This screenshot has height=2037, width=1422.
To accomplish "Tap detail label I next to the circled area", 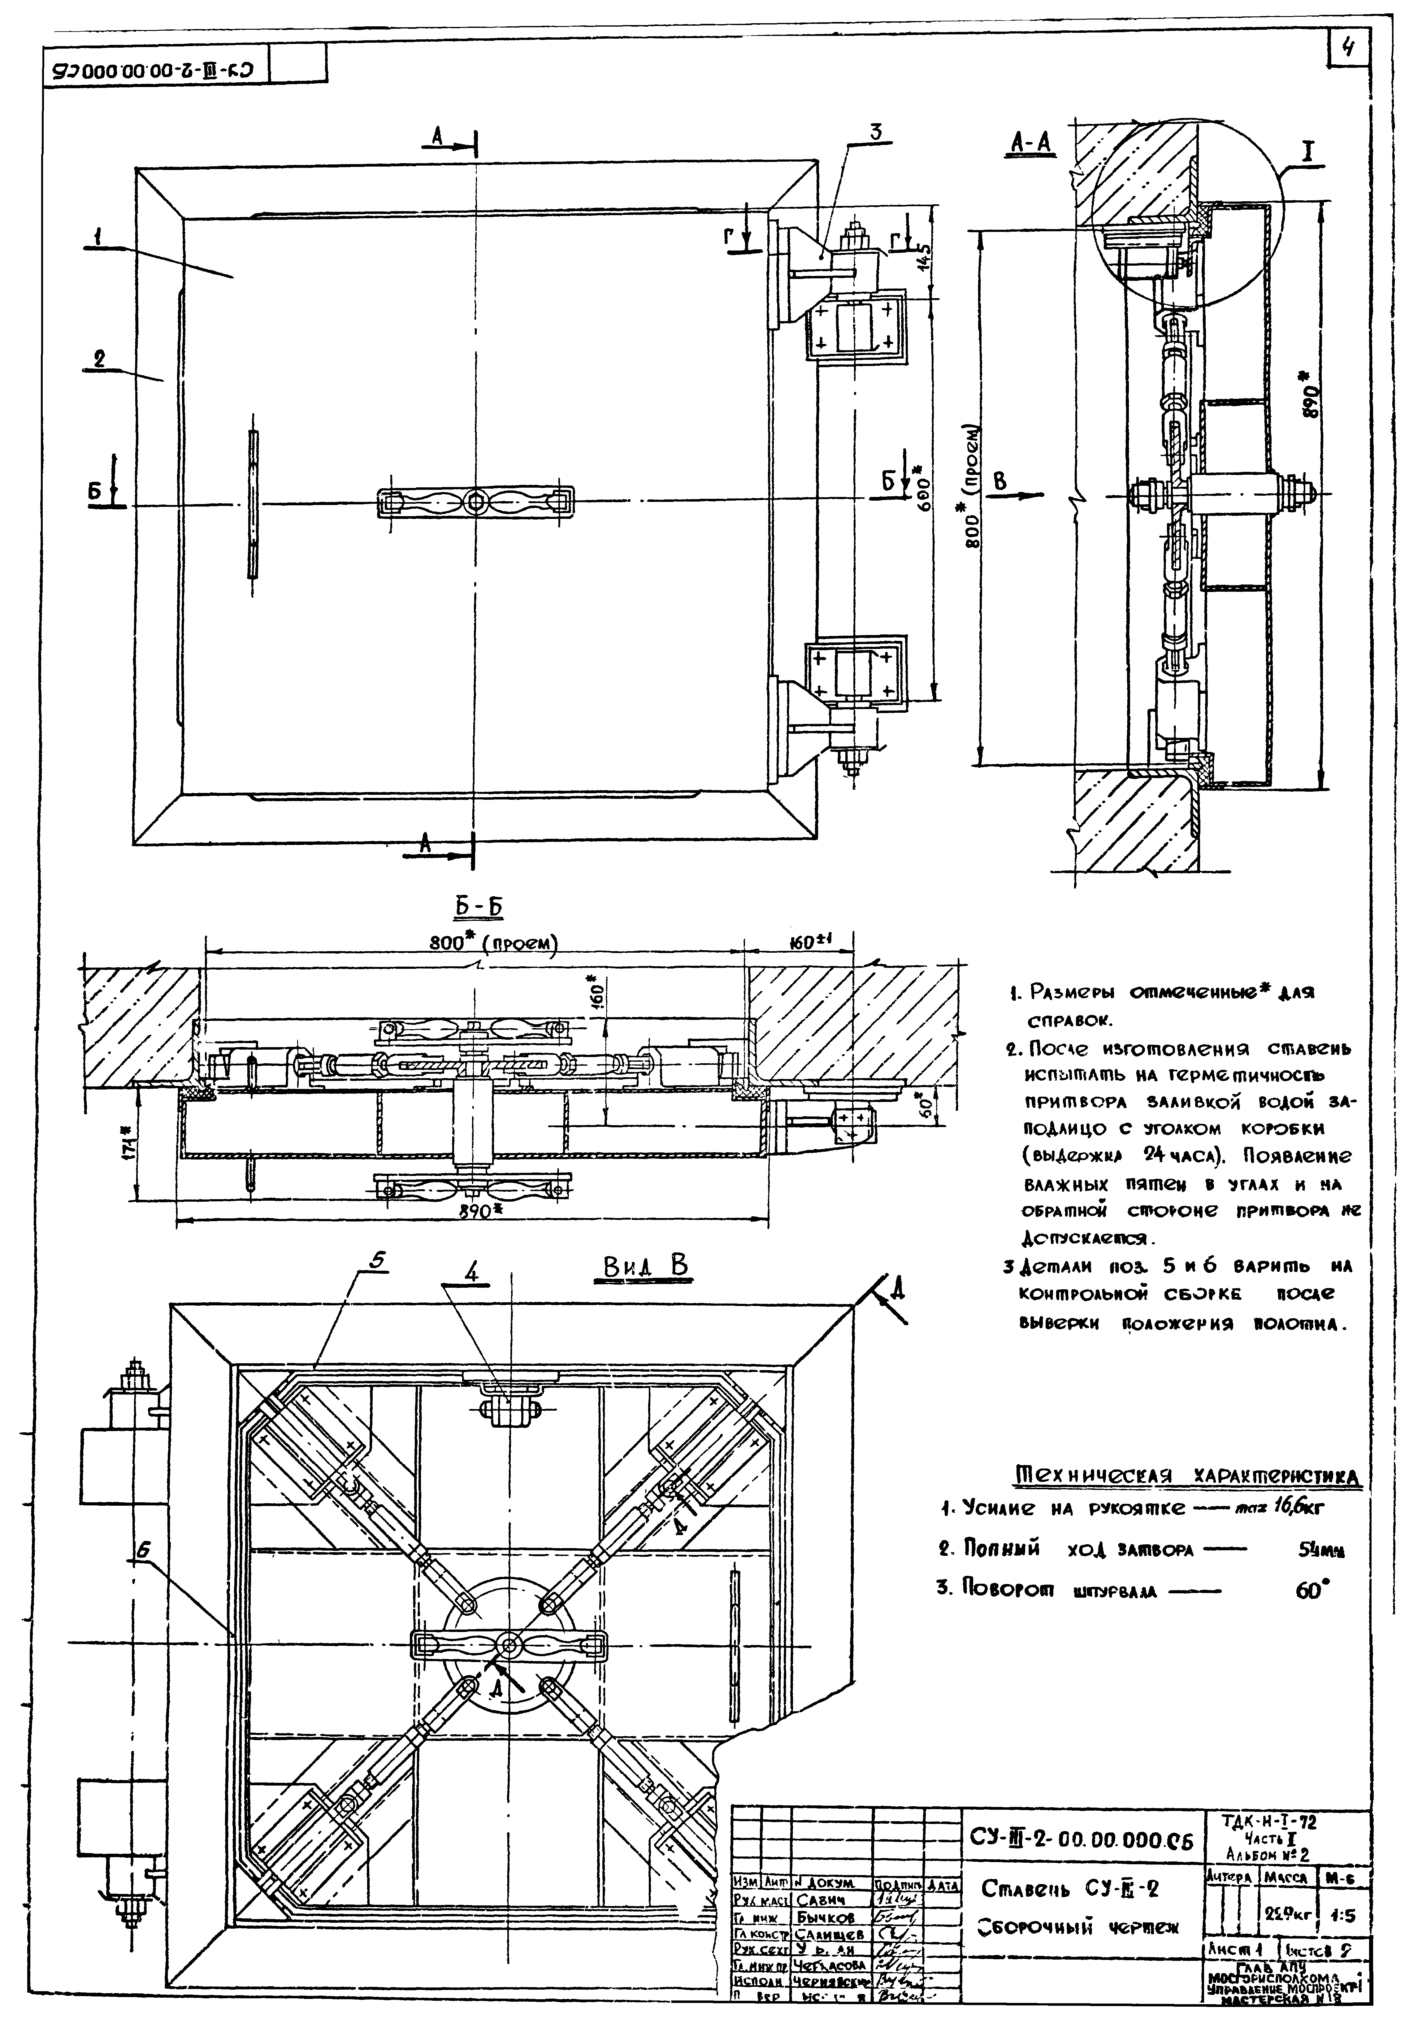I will [x=1307, y=153].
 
